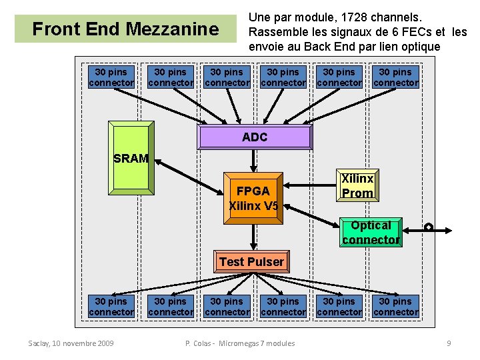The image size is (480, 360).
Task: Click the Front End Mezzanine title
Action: pos(125,29)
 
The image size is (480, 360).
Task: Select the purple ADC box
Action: pos(255,137)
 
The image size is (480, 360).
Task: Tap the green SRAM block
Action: pos(131,157)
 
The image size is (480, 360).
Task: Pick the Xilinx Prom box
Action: pos(357,186)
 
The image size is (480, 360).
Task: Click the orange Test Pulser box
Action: pos(251,262)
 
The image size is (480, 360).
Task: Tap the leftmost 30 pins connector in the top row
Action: pos(111,77)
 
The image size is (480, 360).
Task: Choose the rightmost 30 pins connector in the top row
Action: pos(395,77)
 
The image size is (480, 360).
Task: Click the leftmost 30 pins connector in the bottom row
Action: pos(111,307)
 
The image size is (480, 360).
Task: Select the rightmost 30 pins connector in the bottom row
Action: pos(395,307)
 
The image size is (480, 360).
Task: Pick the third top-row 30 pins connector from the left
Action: pos(227,77)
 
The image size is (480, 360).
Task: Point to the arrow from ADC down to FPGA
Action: pos(253,160)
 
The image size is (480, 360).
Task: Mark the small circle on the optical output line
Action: pos(429,227)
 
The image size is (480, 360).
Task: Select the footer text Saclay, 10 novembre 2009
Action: pos(71,343)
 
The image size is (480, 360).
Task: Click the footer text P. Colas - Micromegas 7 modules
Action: pos(239,343)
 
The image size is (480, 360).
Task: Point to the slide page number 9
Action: pos(449,343)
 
